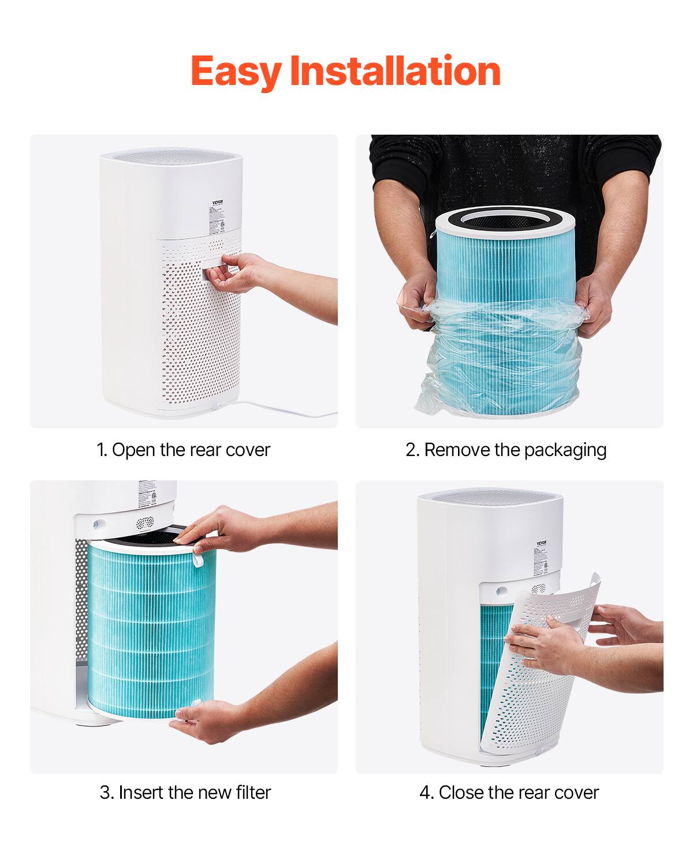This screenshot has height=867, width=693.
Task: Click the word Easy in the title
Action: coord(235,72)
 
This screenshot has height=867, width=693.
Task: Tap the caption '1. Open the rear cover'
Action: coord(183,450)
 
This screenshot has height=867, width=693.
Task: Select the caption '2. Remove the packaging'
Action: coord(506,450)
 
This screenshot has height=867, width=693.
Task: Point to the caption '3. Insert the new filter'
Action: coord(185,792)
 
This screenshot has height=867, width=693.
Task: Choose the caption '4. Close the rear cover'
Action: coord(509,792)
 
